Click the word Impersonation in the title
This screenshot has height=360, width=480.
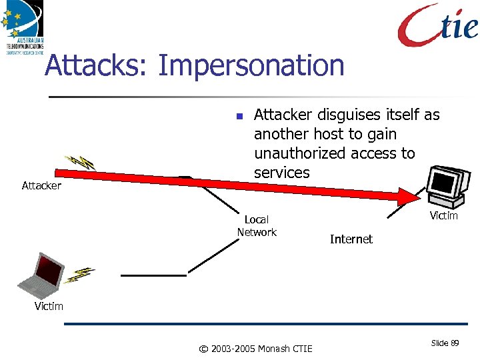251,67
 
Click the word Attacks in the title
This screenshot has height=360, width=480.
97,66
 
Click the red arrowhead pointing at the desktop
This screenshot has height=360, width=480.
405,196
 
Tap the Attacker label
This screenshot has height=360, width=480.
41,186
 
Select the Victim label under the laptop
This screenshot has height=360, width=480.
49,306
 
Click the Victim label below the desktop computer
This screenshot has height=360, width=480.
443,215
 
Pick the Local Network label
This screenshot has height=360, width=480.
257,226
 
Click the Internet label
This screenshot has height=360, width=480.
351,239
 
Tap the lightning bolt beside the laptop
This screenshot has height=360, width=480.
81,273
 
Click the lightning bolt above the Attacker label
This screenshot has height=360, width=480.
79,162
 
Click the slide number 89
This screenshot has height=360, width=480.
455,343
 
